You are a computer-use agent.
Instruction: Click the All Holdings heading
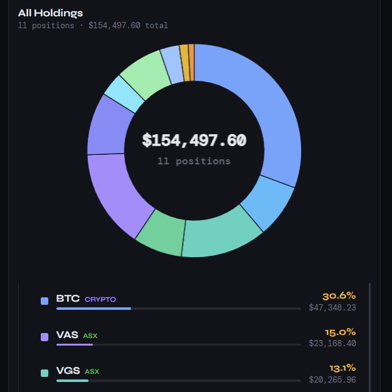pyautogui.click(x=50, y=13)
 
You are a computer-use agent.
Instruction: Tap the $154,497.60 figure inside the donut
pyautogui.click(x=194, y=140)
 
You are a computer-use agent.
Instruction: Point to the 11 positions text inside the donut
pyautogui.click(x=194, y=161)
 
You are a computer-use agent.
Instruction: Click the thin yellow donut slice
pyautogui.click(x=184, y=63)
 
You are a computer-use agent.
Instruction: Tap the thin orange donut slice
pyautogui.click(x=191, y=62)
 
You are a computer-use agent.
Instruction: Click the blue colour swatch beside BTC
pyautogui.click(x=45, y=301)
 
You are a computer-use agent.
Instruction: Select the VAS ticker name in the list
pyautogui.click(x=67, y=336)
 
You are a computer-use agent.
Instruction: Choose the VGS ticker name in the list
pyautogui.click(x=68, y=371)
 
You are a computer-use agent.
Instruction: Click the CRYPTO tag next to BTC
pyautogui.click(x=100, y=300)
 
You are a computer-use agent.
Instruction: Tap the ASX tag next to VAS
pyautogui.click(x=90, y=336)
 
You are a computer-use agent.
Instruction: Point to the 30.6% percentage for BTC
pyautogui.click(x=339, y=295)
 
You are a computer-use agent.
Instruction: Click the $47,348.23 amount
pyautogui.click(x=332, y=308)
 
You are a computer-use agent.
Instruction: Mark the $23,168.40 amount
pyautogui.click(x=332, y=344)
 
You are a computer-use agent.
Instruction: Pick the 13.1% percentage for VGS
pyautogui.click(x=342, y=368)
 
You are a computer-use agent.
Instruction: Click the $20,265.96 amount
pyautogui.click(x=332, y=379)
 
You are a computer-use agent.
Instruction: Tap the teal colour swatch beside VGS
pyautogui.click(x=45, y=373)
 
